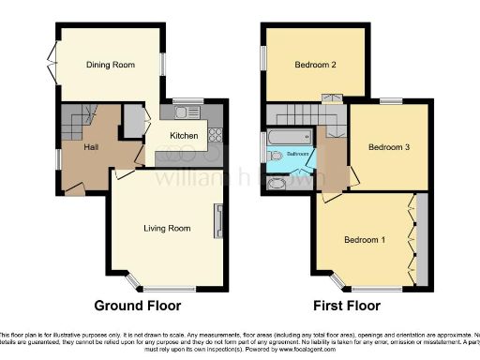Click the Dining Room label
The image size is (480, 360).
click(111, 65)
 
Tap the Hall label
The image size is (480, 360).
click(90, 147)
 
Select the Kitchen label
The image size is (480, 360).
click(184, 136)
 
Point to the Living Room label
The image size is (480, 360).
click(167, 228)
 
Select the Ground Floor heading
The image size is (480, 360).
click(138, 306)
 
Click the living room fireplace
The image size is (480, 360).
click(218, 221)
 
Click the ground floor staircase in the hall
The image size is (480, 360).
click(80, 118)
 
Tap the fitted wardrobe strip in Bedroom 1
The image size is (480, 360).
click(420, 238)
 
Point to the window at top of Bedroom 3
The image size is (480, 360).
click(391, 101)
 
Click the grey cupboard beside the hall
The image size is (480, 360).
click(134, 122)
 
